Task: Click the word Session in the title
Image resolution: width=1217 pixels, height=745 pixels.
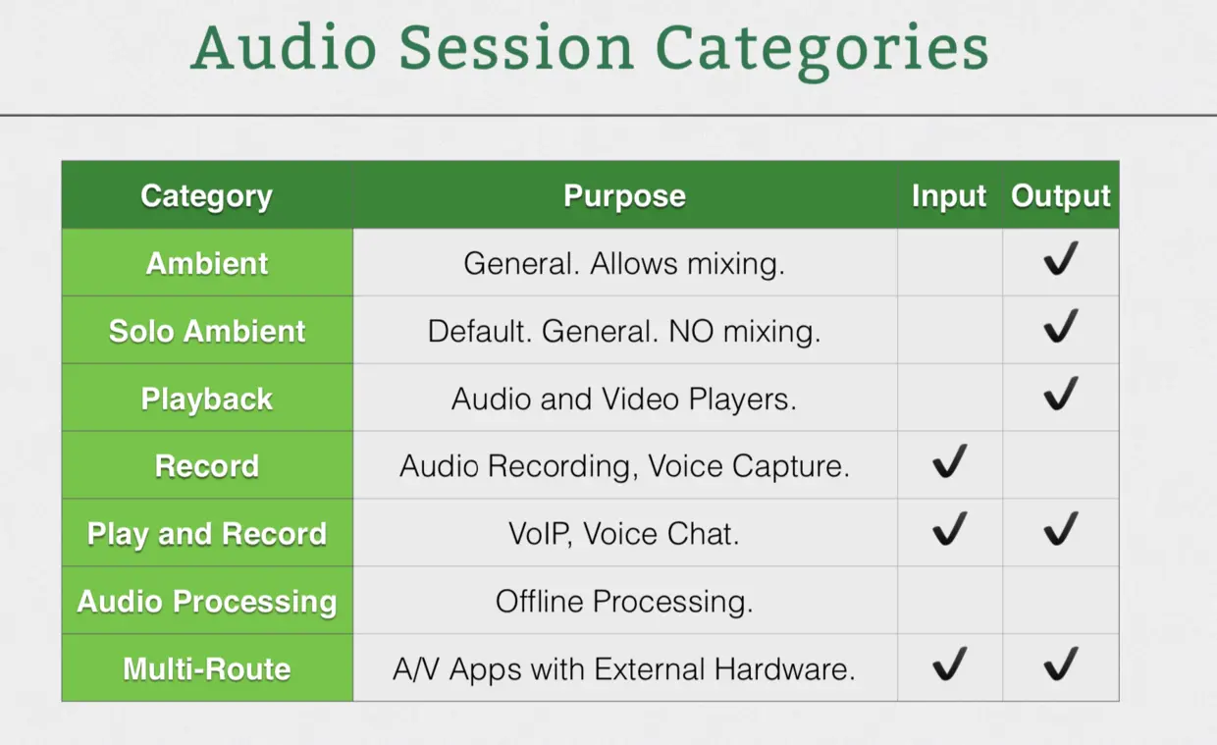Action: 516,48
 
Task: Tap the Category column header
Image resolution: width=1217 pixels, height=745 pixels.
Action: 206,196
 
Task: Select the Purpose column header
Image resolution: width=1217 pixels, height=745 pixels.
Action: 624,196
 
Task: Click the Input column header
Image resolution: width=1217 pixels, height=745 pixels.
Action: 949,196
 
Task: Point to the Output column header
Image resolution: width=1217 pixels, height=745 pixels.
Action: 1061,196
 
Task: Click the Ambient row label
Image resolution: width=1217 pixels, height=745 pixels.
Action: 207,264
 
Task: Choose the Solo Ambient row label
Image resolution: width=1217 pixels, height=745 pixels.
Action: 207,331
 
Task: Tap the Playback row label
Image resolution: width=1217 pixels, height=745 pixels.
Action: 206,399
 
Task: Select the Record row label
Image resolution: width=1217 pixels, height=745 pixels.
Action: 207,466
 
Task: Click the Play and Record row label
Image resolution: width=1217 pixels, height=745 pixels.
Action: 207,534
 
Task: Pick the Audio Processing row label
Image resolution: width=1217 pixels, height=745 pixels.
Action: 207,602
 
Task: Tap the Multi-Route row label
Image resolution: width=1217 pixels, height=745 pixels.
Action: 207,668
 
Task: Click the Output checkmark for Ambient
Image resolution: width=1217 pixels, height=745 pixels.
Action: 1061,259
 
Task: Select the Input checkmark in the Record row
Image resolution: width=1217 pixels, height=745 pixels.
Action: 950,461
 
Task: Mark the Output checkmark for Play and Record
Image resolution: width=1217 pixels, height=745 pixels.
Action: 1061,529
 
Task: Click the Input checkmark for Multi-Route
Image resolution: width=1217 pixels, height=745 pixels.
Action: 950,664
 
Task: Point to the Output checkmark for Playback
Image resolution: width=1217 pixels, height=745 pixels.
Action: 1061,394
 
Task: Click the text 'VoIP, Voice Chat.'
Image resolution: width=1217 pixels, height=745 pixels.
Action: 624,534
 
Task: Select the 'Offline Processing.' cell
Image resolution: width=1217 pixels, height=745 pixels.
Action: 624,602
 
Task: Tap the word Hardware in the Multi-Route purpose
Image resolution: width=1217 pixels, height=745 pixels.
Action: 784,668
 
